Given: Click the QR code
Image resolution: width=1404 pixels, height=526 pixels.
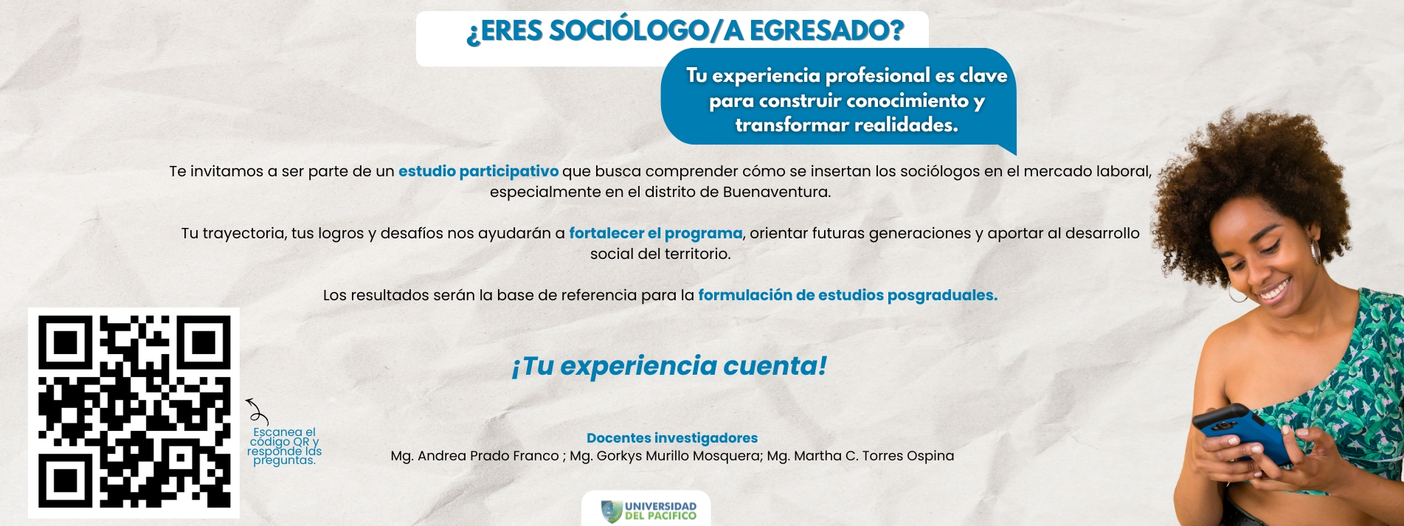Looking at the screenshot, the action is [x=134, y=412].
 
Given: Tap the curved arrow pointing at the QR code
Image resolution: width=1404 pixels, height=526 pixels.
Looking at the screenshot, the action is [x=257, y=412].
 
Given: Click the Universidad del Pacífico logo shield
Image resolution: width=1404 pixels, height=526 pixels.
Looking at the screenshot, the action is [x=612, y=511].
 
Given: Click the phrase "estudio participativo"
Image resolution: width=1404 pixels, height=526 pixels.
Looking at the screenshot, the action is [x=478, y=171].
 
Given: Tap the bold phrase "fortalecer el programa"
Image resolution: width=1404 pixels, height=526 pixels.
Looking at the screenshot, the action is [x=655, y=233].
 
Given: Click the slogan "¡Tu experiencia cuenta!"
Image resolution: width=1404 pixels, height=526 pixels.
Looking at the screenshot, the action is [x=669, y=366].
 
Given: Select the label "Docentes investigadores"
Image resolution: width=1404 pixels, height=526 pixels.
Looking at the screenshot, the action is [x=672, y=438].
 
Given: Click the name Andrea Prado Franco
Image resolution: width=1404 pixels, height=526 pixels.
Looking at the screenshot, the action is [x=488, y=456].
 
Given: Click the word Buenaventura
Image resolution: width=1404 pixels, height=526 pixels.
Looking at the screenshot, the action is [x=776, y=192].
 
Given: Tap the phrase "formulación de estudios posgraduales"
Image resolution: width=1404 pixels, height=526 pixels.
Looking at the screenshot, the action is [x=848, y=295].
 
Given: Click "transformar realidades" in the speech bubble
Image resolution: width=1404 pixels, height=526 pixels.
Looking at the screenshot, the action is [x=846, y=125].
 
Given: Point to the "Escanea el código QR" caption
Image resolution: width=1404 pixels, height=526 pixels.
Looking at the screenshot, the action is [x=284, y=446].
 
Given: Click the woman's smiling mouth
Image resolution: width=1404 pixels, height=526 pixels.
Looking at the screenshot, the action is [x=1275, y=290].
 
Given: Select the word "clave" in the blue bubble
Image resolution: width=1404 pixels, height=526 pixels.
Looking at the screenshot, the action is [x=983, y=75].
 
